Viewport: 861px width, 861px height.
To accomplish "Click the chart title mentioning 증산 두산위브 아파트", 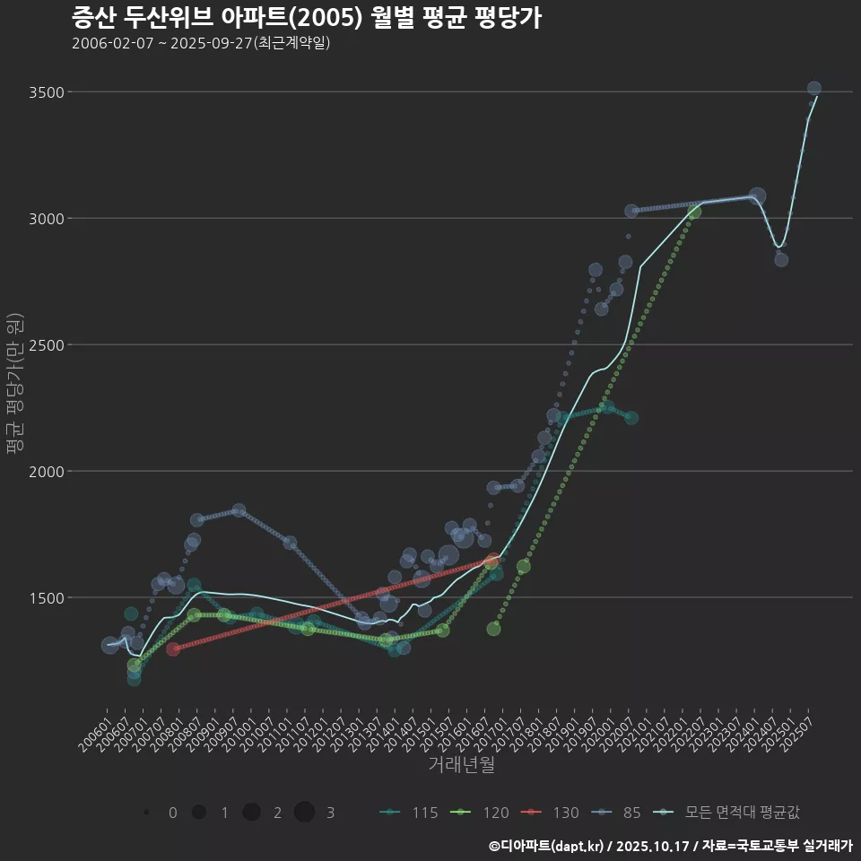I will click(x=306, y=18).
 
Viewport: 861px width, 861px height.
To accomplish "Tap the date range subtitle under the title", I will click(x=201, y=43).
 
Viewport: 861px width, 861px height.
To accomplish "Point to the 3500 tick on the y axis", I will click(x=46, y=92).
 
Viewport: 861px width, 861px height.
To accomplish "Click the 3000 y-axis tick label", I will click(x=46, y=219).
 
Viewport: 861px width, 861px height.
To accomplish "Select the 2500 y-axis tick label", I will click(x=46, y=345).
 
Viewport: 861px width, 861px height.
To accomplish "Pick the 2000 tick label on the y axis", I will click(x=46, y=472).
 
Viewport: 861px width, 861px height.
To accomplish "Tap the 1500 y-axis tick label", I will click(x=46, y=598).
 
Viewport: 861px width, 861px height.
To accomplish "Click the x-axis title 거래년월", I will click(x=461, y=764).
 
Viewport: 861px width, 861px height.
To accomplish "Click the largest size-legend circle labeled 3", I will click(x=304, y=813).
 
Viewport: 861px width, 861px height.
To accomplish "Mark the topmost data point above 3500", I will click(x=814, y=88).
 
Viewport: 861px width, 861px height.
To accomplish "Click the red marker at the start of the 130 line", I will click(x=173, y=648).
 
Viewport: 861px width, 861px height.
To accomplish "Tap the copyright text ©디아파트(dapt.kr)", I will click(x=547, y=846).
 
